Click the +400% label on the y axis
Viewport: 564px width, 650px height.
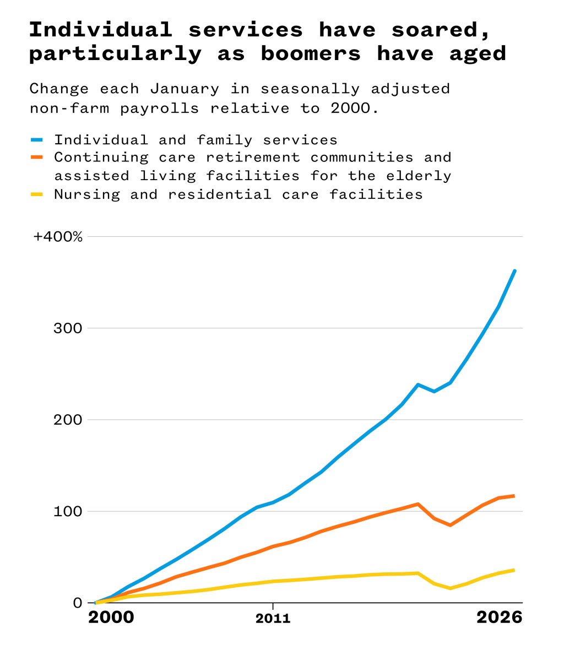(x=58, y=237)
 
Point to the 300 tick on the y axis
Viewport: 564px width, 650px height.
(x=69, y=328)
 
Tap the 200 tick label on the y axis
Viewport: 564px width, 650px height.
(x=69, y=420)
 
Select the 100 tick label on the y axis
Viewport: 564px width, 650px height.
(x=69, y=511)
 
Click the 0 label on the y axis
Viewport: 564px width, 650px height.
(x=77, y=603)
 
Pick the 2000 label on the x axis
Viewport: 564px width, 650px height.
(x=111, y=617)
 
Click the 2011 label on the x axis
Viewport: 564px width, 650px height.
(x=273, y=619)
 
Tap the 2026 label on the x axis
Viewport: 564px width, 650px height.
(x=499, y=617)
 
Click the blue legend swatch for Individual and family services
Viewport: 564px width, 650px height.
(x=37, y=140)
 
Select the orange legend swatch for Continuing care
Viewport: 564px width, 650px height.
(x=37, y=158)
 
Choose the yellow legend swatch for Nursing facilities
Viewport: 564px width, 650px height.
(x=37, y=194)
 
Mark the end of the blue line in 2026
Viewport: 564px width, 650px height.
(x=515, y=270)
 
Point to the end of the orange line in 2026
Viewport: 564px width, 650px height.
(x=514, y=496)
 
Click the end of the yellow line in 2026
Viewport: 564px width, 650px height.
(x=514, y=570)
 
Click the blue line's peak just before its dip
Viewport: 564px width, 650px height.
(x=418, y=384)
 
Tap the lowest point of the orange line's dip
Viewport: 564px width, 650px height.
(x=450, y=525)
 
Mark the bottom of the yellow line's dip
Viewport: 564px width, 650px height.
(x=450, y=588)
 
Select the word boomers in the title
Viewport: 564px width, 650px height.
(x=311, y=53)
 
